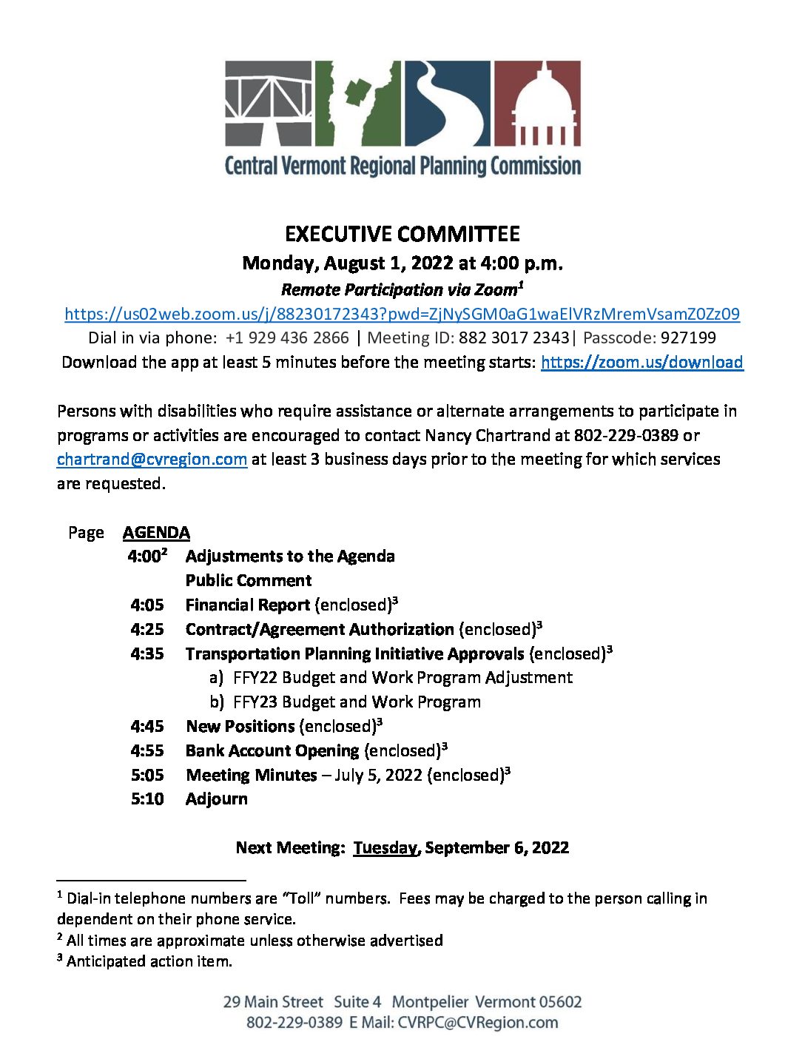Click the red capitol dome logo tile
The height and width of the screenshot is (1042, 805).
click(537, 103)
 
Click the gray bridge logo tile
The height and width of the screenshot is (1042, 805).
click(269, 103)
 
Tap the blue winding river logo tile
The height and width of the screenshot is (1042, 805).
click(447, 103)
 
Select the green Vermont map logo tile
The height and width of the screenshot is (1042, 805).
click(358, 103)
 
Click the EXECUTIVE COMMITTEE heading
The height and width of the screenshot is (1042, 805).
click(402, 235)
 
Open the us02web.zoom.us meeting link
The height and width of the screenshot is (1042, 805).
click(402, 314)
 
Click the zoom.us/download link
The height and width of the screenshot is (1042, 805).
click(641, 362)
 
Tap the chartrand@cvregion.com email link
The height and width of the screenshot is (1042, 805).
click(152, 460)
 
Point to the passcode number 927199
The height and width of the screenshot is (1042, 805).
click(688, 338)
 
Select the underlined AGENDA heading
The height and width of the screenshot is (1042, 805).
click(156, 533)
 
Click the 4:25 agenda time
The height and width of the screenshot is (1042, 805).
click(147, 630)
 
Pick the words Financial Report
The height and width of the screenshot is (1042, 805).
click(247, 605)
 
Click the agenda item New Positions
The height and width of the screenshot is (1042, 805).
click(240, 727)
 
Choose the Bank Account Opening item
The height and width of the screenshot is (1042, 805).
click(272, 751)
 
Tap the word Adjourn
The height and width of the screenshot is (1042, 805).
click(217, 799)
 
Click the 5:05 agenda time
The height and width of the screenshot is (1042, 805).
click(147, 776)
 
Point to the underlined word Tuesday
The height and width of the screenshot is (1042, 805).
click(385, 848)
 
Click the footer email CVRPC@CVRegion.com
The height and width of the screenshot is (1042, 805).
click(478, 1023)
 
